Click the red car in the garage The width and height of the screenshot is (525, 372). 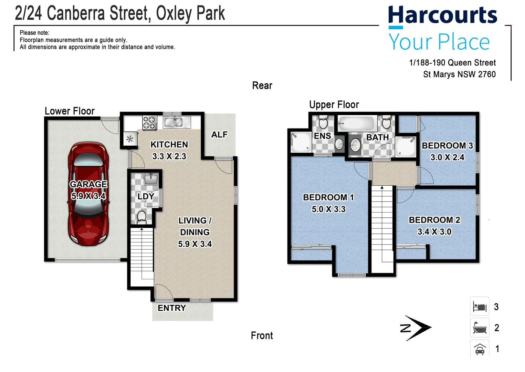click(x=88, y=194)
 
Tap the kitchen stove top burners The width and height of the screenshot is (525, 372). click(x=150, y=123)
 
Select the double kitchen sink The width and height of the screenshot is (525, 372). click(x=174, y=122)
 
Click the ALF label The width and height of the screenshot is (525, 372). click(x=219, y=135)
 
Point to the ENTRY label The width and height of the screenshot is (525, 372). click(x=171, y=308)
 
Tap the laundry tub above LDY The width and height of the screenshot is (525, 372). click(x=150, y=179)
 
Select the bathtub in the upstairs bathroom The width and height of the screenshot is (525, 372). click(x=356, y=123)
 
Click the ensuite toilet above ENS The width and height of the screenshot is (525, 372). click(x=323, y=122)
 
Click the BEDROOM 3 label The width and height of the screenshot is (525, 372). click(x=447, y=146)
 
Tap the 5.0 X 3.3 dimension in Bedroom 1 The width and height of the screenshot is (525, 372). click(x=328, y=209)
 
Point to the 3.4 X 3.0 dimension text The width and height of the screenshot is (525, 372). click(x=434, y=232)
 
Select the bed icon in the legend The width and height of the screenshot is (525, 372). click(x=480, y=306)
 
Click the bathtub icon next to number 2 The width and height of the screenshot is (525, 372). click(x=480, y=328)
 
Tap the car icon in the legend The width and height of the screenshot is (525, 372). click(x=480, y=349)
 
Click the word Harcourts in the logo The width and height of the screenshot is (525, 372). click(x=442, y=15)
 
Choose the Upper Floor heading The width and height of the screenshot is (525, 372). click(x=334, y=105)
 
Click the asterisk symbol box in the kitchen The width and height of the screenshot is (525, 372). click(x=130, y=139)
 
